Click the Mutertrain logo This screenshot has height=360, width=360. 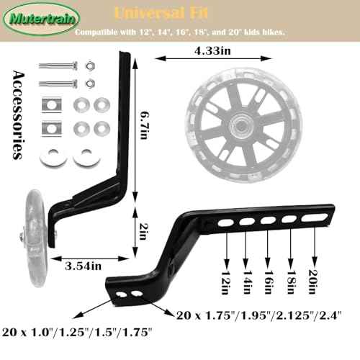pos(42,19)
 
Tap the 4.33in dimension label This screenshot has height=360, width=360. pos(212,51)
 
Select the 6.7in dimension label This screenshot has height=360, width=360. pos(145,125)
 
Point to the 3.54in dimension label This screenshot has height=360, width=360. pos(83,266)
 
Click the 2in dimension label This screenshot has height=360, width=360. pos(143,231)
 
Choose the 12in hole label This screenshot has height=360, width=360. pos(226,282)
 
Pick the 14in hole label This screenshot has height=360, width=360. pos(248,282)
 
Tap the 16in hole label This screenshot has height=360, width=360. pos(269,282)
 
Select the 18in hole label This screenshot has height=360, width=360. pos(291,282)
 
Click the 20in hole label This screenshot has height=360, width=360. pos(313,282)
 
